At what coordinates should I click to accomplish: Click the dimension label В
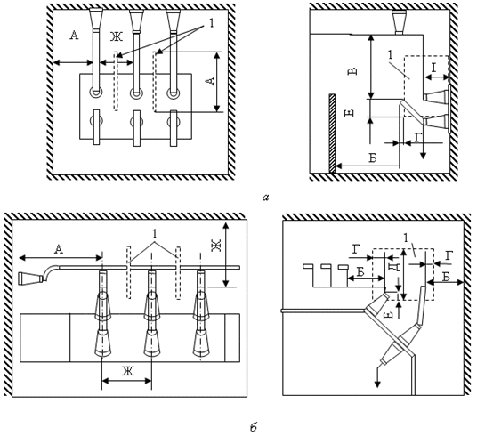[352, 71]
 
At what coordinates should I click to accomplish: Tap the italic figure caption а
[265, 198]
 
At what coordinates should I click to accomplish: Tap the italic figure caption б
[254, 427]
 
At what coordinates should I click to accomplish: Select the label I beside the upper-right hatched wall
[433, 68]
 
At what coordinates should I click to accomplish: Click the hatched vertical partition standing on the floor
[332, 133]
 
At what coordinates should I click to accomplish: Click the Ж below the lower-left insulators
[128, 371]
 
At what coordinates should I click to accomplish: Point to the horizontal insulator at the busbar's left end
[30, 279]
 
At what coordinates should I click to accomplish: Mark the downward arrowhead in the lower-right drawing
[377, 384]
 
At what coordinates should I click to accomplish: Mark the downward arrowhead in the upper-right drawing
[423, 155]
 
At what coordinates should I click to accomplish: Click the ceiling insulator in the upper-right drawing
[399, 22]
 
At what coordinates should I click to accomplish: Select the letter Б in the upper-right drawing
[373, 158]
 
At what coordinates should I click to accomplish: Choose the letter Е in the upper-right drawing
[350, 113]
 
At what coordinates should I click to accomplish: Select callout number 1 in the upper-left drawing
[212, 23]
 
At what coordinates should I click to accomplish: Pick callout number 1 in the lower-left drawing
[154, 234]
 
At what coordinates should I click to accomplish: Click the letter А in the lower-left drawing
[58, 250]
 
